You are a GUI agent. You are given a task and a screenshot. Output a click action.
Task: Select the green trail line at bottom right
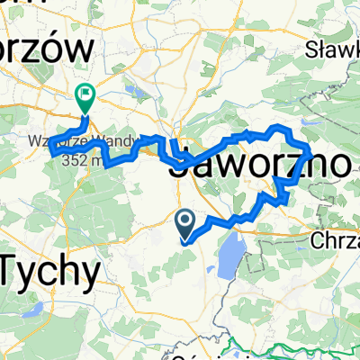[306, 346]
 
